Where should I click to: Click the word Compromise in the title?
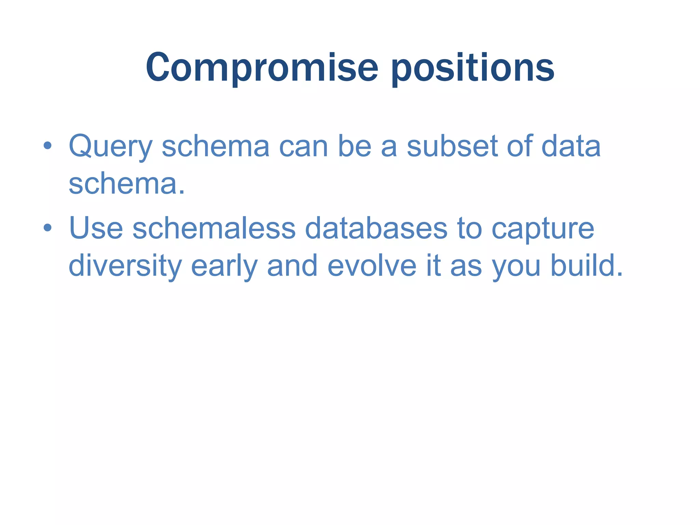tap(262, 68)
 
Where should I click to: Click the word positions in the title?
tap(473, 68)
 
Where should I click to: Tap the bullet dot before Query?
tap(48, 146)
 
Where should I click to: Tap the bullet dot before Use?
tap(48, 228)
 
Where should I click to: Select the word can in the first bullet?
tap(304, 147)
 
